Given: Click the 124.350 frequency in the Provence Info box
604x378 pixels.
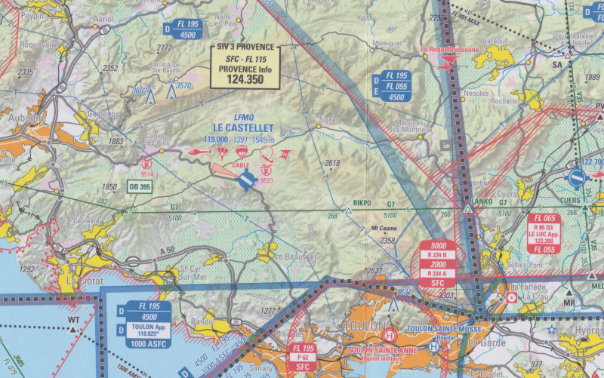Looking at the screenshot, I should point(244,78).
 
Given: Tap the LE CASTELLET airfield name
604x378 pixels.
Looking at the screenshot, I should point(243,128).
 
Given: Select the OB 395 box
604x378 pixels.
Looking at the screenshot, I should point(139,187).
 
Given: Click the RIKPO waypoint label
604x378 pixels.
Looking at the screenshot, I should point(363,202).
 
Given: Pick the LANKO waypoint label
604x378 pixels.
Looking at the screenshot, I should point(481,202).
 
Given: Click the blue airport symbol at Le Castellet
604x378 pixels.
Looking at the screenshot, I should point(245,180).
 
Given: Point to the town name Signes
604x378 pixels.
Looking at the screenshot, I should point(328,120).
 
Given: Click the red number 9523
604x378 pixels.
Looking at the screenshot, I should point(267,180).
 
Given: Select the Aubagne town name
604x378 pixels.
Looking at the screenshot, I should point(17,118).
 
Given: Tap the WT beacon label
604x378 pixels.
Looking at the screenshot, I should point(73,320).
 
